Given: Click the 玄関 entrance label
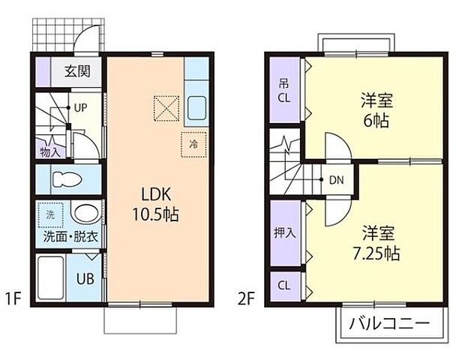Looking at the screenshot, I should coord(73,72).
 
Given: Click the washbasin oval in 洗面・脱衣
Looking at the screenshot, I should coord(86,214).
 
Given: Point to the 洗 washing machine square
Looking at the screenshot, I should coord(51,214).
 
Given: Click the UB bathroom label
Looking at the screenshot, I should coord(85,280).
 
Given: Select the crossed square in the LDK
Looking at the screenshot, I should coord(166,107).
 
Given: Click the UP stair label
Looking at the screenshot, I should coord(80,106).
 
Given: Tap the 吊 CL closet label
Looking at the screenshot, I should coord(284,89).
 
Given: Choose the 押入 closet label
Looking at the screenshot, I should coord(284,232).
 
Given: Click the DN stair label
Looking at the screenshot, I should coord(337,180).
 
